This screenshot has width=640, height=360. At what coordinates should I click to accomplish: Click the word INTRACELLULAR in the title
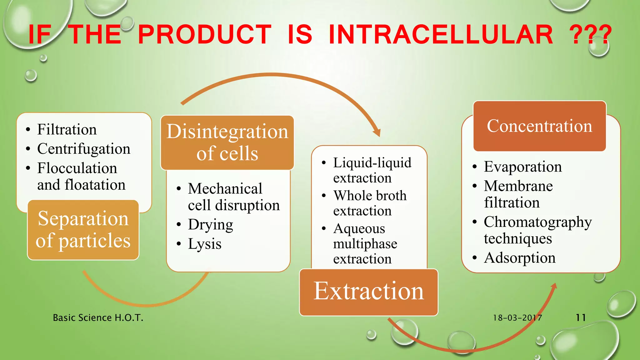coord(441,34)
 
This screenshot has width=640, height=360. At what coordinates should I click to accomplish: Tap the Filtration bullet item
coord(67,129)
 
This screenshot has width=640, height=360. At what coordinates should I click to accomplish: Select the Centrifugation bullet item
coord(83,149)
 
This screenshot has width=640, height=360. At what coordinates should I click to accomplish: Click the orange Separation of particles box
coord(83,230)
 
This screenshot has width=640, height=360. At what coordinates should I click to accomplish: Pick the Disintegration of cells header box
coord(227,142)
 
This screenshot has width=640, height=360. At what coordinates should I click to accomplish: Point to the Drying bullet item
coord(210,224)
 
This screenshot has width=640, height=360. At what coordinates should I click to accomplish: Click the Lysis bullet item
coord(204,244)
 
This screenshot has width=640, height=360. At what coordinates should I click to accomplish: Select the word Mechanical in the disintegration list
coord(225,189)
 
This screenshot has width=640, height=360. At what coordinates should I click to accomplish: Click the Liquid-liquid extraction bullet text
coord(372,170)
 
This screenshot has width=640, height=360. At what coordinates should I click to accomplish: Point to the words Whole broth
coord(370,196)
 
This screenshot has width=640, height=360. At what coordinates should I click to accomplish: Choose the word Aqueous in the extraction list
coord(359,229)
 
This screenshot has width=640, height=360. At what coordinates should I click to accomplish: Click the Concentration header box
coord(539,126)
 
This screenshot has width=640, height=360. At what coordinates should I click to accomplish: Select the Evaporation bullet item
coord(522,167)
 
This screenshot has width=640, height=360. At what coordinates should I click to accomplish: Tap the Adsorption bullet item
coord(519,258)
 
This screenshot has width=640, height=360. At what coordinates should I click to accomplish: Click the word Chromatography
coord(537,222)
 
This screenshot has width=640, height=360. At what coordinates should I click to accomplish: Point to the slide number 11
coord(581,318)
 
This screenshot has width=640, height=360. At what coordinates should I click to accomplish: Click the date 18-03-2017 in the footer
coord(517,318)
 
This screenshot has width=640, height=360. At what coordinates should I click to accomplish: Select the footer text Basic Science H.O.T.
coord(98,318)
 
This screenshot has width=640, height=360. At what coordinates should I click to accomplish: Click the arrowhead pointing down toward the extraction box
coord(377,133)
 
